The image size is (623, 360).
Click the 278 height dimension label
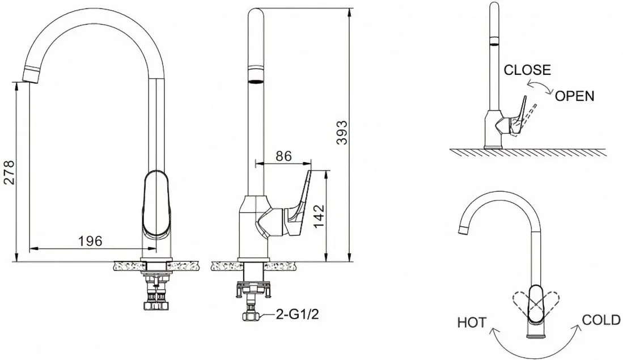pyautogui.click(x=9, y=172)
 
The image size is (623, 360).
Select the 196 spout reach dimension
pyautogui.click(x=90, y=241)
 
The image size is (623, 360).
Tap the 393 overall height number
pyautogui.click(x=342, y=133)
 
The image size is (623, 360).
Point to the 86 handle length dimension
pyautogui.click(x=283, y=156)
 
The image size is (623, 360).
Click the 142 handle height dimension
pyautogui.click(x=319, y=217)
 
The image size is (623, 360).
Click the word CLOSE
pyautogui.click(x=527, y=70)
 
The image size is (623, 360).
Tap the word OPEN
pyautogui.click(x=574, y=96)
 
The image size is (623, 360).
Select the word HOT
pyautogui.click(x=472, y=322)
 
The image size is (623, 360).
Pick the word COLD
pyautogui.click(x=601, y=320)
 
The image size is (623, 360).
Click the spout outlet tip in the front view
pyautogui.click(x=31, y=75)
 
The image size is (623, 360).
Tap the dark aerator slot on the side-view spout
pyautogui.click(x=256, y=82)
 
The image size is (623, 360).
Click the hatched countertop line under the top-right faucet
pyautogui.click(x=528, y=151)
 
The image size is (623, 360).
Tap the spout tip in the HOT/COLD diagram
pyautogui.click(x=463, y=230)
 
